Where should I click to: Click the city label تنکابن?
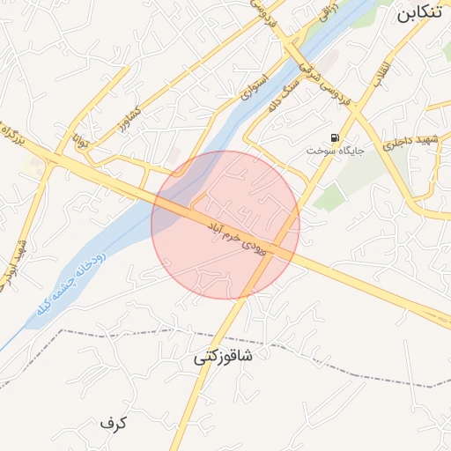(418, 14)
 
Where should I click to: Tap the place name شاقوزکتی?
(223, 358)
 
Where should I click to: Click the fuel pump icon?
(335, 137)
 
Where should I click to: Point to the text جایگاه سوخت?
(334, 152)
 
